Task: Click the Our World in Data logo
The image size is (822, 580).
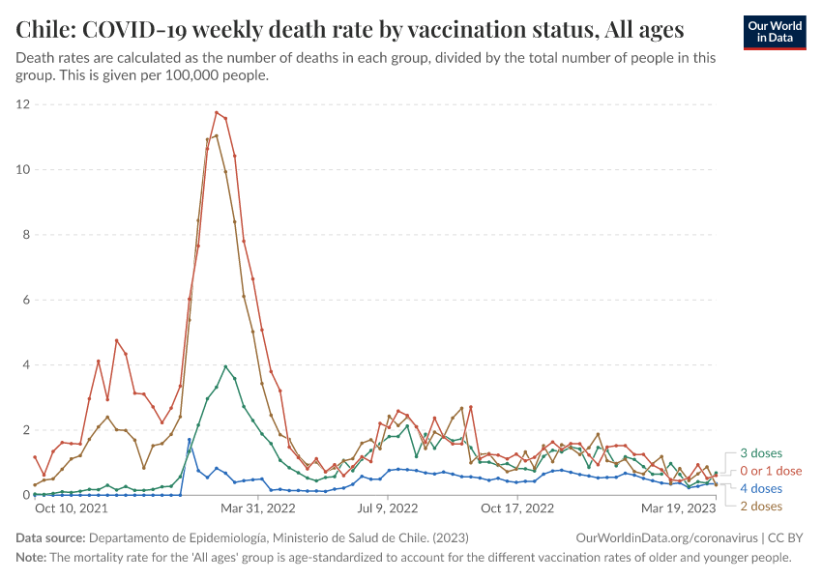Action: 774,32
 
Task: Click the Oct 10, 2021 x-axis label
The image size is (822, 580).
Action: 71,507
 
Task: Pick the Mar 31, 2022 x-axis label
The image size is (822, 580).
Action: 257,507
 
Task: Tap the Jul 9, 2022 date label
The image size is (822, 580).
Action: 388,507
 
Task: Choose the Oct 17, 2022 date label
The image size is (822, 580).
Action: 516,507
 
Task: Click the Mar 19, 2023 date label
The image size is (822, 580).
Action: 679,507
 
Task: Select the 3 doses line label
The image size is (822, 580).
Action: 761,453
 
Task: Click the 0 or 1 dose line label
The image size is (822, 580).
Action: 771,471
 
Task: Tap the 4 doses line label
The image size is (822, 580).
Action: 761,488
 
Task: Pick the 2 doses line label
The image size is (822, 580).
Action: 761,506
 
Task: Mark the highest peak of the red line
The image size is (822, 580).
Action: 217,112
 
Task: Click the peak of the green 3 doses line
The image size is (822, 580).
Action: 225,366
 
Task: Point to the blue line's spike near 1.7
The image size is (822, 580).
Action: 190,440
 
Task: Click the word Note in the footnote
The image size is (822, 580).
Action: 31,558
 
